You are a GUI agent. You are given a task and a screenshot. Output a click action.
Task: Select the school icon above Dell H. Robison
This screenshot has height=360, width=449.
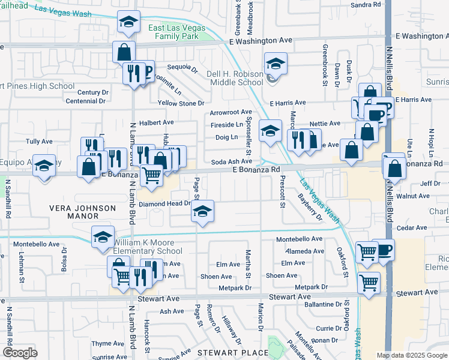(276, 63)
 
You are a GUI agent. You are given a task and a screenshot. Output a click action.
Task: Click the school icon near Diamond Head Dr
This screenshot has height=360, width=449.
(203, 211)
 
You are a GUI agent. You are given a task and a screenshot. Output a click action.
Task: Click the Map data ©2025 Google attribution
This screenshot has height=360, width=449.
(411, 355)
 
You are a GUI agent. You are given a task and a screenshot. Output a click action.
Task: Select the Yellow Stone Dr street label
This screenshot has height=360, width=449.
(181, 103)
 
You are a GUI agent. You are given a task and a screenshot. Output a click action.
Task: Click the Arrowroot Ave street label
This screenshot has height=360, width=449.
(231, 112)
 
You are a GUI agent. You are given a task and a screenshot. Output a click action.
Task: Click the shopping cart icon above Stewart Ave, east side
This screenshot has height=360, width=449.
(369, 282)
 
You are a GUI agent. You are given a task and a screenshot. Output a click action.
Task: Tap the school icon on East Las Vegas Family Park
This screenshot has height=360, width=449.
(128, 22)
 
